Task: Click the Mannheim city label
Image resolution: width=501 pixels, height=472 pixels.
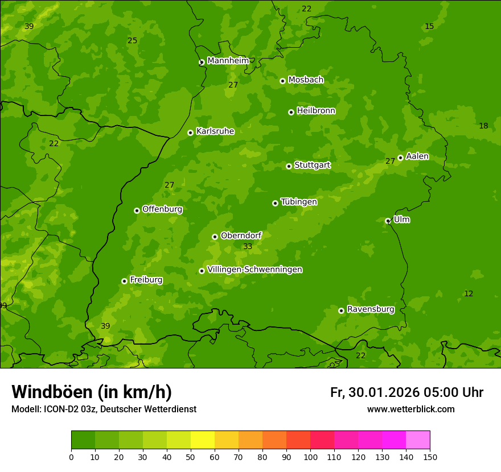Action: [x=228, y=61]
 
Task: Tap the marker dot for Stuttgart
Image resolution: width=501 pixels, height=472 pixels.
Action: [x=289, y=166]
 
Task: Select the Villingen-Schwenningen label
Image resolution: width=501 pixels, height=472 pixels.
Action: [x=254, y=270]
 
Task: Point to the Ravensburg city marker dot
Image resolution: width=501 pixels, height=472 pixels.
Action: [x=341, y=310]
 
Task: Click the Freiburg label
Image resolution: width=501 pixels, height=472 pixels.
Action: [x=146, y=280]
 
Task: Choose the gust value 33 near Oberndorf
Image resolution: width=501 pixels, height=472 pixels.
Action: [x=248, y=246]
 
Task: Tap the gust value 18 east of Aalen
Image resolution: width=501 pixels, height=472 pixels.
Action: [x=483, y=126]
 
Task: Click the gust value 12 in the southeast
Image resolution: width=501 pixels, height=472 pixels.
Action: [x=469, y=293]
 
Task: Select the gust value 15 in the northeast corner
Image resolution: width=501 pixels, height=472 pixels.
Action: [x=429, y=26]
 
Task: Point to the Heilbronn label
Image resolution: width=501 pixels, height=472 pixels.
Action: [x=315, y=111]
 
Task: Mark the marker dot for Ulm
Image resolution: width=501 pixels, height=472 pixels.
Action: [x=388, y=221]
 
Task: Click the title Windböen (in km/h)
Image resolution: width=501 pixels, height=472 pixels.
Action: [x=92, y=392]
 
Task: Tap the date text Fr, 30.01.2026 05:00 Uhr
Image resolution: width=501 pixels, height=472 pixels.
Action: [x=406, y=392]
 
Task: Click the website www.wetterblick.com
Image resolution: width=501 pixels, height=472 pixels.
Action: [x=410, y=409]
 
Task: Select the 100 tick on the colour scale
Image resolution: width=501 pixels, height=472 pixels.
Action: [x=310, y=457]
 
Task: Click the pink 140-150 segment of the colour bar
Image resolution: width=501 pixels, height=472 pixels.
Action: [x=418, y=440]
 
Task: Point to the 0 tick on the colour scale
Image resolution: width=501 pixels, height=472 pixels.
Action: [x=71, y=457]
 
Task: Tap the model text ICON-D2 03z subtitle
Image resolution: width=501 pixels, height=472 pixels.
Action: [x=104, y=409]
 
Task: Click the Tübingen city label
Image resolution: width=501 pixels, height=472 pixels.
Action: [x=298, y=202]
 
